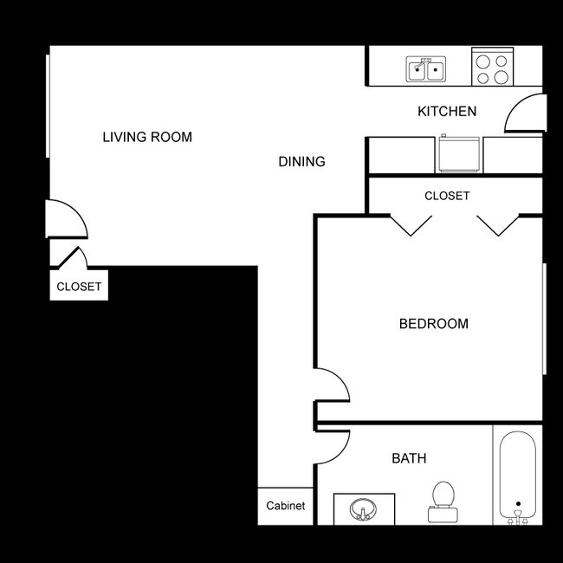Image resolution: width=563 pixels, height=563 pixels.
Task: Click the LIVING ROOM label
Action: tap(147, 137)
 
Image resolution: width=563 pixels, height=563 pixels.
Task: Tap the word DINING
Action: tap(301, 162)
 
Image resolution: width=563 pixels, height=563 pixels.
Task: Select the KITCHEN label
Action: tap(447, 112)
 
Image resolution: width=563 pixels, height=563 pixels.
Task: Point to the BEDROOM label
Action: tap(433, 324)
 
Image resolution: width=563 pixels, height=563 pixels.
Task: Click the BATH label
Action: tap(409, 458)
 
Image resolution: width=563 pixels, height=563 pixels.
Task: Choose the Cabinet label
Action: tap(285, 506)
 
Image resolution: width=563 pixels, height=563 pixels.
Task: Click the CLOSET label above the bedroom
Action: tap(447, 196)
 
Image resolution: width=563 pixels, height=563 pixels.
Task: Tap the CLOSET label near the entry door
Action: tap(79, 287)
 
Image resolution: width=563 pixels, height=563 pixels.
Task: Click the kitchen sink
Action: tap(426, 68)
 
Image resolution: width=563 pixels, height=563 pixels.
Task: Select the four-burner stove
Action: tap(492, 68)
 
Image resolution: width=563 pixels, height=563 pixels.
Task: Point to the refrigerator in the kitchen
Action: tap(459, 154)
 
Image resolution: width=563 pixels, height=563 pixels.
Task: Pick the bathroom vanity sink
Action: tap(365, 509)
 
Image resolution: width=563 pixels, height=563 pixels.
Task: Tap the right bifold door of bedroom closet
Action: tap(497, 224)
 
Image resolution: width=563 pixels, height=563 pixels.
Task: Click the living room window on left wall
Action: tap(48, 105)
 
